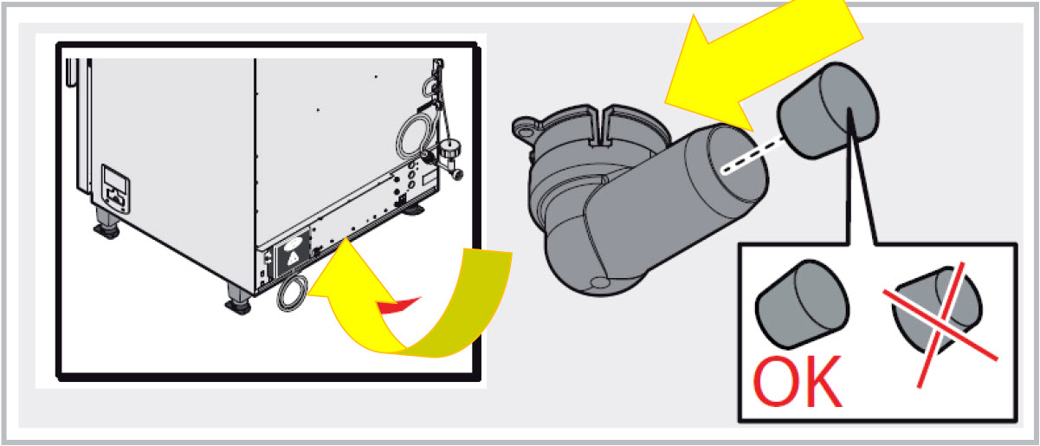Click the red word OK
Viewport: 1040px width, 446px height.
tap(798, 382)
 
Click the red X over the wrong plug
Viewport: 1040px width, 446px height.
tap(940, 325)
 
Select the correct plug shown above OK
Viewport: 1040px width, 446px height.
tap(803, 305)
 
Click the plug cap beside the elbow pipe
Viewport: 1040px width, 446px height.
tap(828, 111)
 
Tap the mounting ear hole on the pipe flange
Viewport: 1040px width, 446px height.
tap(526, 132)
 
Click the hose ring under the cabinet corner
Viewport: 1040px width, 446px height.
tap(292, 293)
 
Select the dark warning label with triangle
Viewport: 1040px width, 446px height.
tap(292, 255)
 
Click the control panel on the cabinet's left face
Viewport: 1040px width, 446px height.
tap(115, 189)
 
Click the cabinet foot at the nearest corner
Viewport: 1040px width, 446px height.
tap(238, 299)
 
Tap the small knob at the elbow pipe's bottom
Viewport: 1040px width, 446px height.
tap(599, 282)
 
